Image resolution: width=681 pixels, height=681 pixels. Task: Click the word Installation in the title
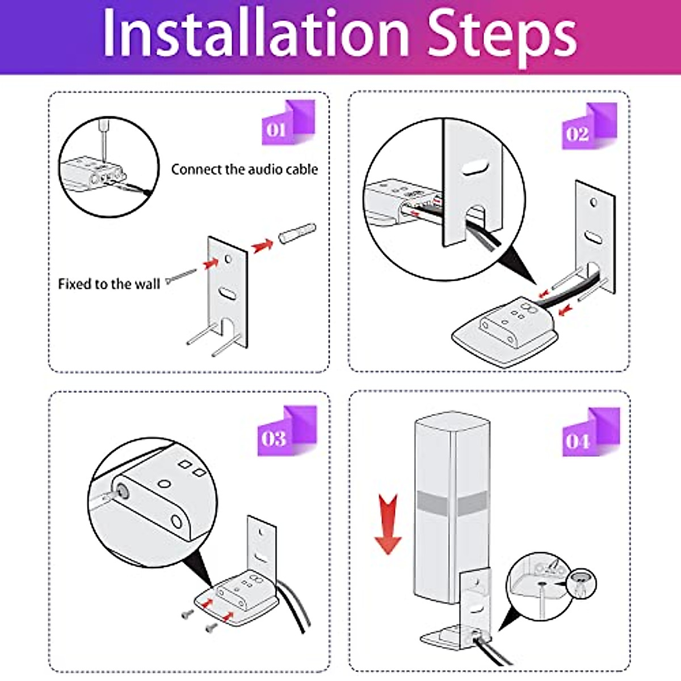(x=255, y=35)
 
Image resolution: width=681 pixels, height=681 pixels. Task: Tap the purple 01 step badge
(x=287, y=124)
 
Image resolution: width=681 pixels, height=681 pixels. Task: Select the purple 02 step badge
(x=588, y=127)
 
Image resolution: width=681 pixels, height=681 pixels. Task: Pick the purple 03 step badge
(x=285, y=432)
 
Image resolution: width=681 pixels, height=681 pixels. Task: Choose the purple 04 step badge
(x=590, y=434)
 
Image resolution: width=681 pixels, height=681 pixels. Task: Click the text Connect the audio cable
(x=244, y=169)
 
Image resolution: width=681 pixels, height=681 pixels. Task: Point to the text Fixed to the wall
(x=109, y=284)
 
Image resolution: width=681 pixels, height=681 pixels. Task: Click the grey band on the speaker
(x=451, y=503)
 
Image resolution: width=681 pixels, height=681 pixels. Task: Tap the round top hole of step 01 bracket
(x=229, y=259)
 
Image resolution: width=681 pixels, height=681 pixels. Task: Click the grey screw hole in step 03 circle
(x=121, y=491)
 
